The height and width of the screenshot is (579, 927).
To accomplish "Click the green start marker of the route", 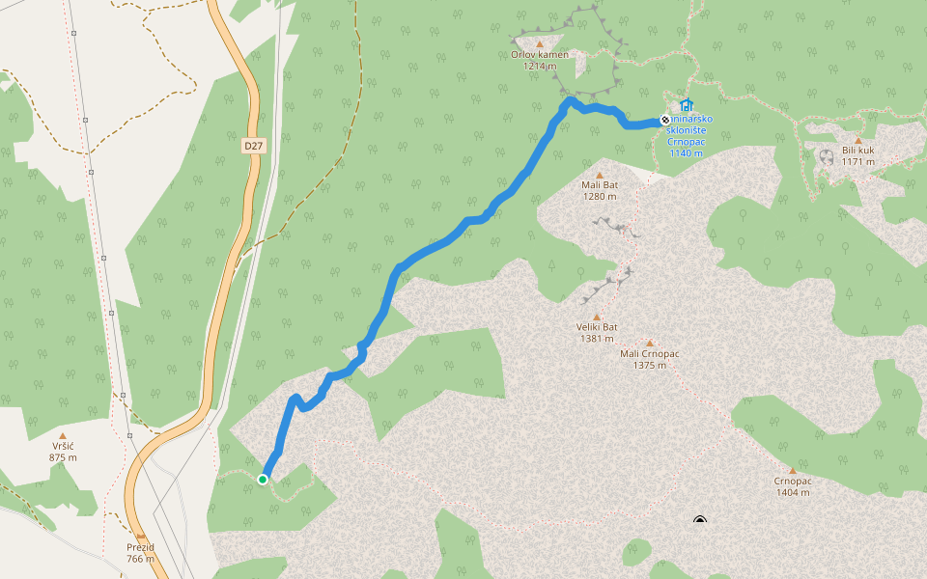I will (x=263, y=479).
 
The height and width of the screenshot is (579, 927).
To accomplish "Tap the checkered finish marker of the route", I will (x=664, y=120).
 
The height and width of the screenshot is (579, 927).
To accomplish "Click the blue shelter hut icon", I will (x=686, y=105).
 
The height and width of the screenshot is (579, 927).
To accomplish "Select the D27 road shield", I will (x=253, y=146).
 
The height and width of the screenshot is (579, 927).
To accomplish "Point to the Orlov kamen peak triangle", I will (x=539, y=44).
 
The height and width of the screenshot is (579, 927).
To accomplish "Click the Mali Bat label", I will (x=599, y=184).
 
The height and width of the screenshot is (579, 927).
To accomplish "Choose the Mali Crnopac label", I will (x=650, y=353).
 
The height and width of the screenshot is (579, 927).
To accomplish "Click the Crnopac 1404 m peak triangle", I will (x=793, y=471).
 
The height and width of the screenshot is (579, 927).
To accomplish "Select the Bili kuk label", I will (x=857, y=151).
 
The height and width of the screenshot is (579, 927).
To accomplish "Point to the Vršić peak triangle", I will (x=63, y=436).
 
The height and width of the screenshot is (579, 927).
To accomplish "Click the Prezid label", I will (x=140, y=547).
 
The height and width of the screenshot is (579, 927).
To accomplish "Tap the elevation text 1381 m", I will (x=597, y=339).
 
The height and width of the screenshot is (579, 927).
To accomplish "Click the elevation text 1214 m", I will (x=539, y=67).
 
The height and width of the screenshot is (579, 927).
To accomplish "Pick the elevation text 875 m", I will (x=63, y=457).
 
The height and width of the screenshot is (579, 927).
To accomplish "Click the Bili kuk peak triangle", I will (x=857, y=140).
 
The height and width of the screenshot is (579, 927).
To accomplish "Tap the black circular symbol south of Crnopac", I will (x=700, y=522).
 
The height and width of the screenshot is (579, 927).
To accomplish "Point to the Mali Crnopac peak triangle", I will (x=650, y=343).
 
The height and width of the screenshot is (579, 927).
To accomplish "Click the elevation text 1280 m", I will (x=599, y=196).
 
